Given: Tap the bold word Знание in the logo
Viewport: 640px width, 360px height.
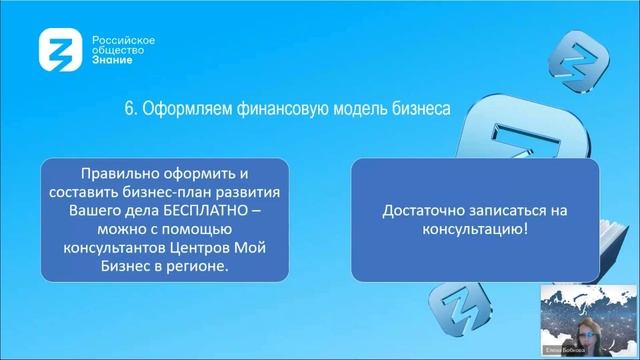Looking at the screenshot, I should point(111,59).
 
